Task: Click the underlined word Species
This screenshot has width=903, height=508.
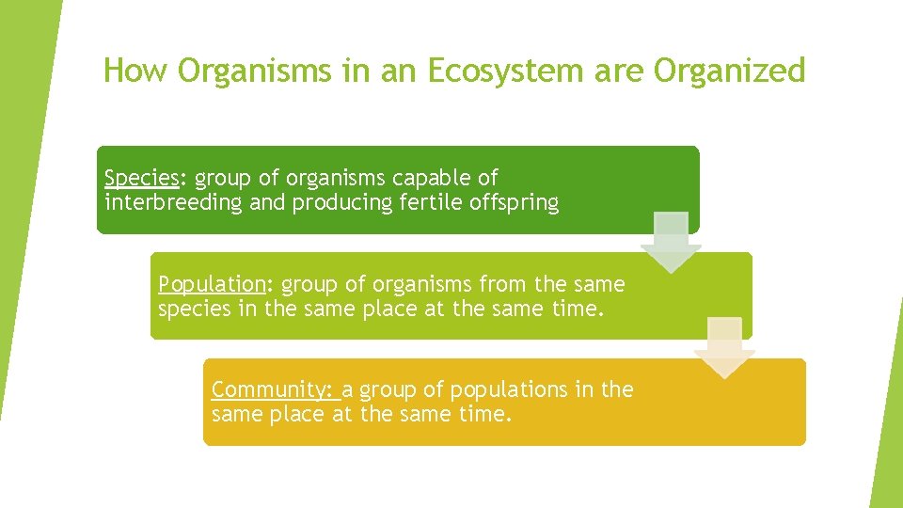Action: pos(141,178)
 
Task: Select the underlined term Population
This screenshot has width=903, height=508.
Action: pos(212,284)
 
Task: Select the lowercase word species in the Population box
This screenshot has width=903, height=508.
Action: pos(194,309)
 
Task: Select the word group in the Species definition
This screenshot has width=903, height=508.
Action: pos(223,178)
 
